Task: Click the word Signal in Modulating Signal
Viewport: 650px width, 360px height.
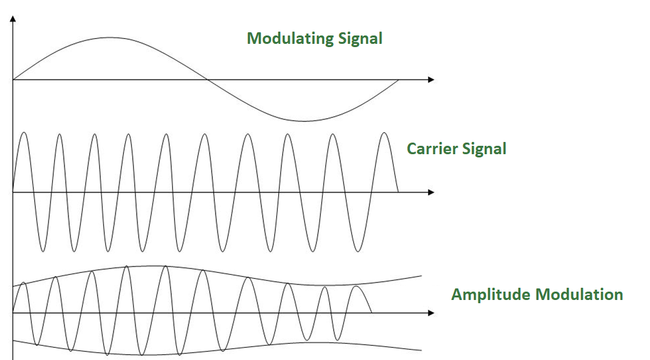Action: point(361,39)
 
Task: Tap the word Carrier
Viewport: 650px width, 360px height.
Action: point(431,149)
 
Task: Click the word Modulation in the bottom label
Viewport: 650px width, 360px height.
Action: point(580,295)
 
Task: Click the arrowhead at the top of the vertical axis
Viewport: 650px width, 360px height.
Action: point(13,19)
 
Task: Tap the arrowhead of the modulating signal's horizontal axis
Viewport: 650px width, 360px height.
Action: point(431,80)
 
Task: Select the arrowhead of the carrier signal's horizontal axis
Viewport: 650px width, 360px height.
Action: point(431,192)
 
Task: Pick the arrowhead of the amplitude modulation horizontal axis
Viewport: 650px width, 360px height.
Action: point(431,313)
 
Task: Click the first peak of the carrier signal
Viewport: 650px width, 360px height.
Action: point(24,133)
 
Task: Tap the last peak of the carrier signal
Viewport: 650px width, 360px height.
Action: point(384,133)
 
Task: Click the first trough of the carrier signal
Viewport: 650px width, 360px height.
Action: point(41,251)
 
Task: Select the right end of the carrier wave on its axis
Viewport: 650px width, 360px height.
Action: point(398,192)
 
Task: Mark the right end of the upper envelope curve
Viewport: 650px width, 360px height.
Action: point(421,276)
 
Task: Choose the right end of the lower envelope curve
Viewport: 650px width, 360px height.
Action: point(421,350)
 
